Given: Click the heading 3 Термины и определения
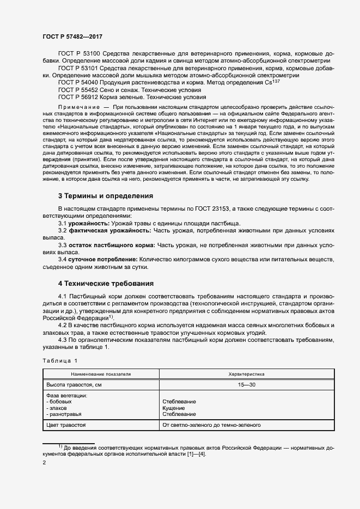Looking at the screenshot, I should coord(105,195).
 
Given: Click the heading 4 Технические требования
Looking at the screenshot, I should coord(106,283).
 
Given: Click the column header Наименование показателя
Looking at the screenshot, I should coord(100,375).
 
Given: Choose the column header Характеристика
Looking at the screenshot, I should coord(246,375).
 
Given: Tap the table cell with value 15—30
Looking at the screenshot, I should coord(246,385).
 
